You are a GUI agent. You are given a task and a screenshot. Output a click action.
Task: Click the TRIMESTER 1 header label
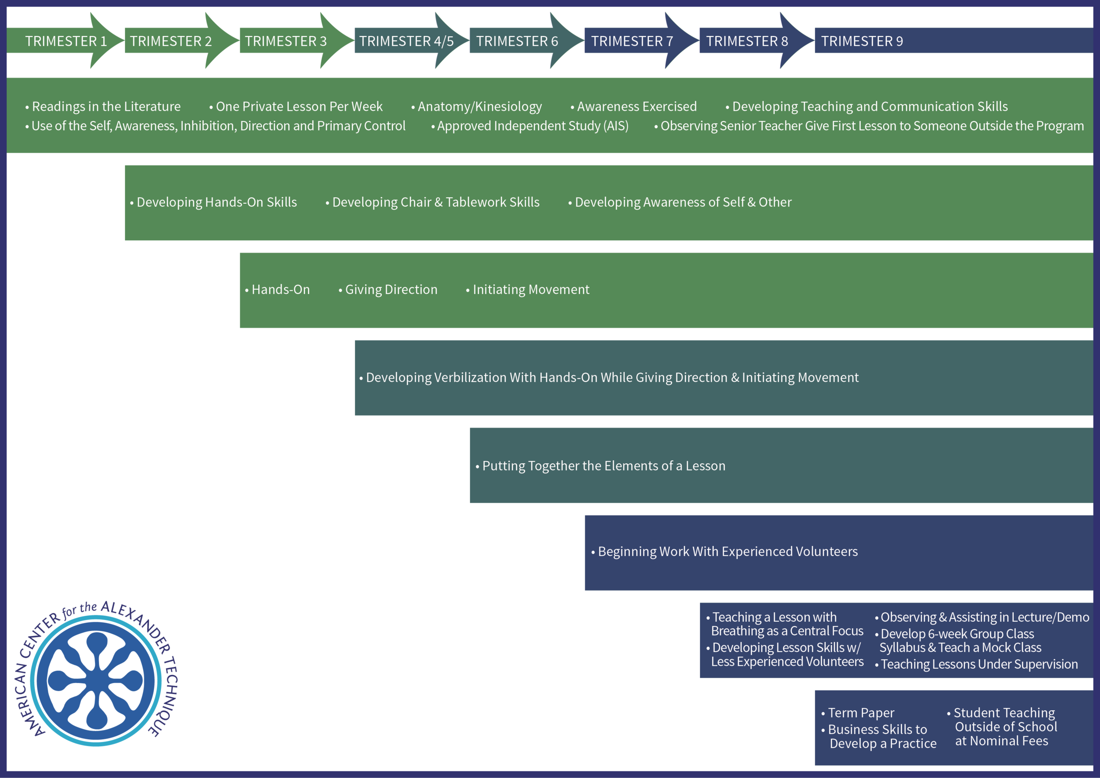coord(66,41)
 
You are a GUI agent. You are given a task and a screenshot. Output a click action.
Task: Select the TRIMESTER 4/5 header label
coord(406,41)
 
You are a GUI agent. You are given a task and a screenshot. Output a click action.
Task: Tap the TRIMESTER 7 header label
coord(632,41)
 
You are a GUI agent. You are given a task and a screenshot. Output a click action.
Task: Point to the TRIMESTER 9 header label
coord(862,41)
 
